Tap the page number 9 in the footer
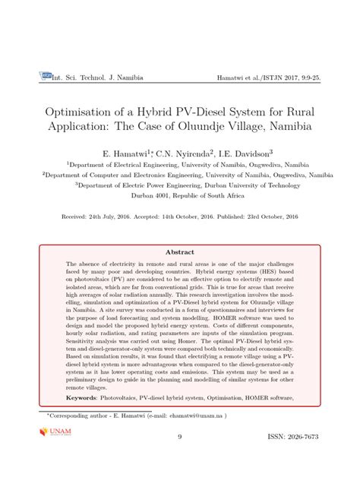point(180,437)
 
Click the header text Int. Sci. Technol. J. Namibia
point(96,77)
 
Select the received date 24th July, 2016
point(118,216)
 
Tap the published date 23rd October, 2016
point(272,216)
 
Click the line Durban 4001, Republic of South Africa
point(180,194)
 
